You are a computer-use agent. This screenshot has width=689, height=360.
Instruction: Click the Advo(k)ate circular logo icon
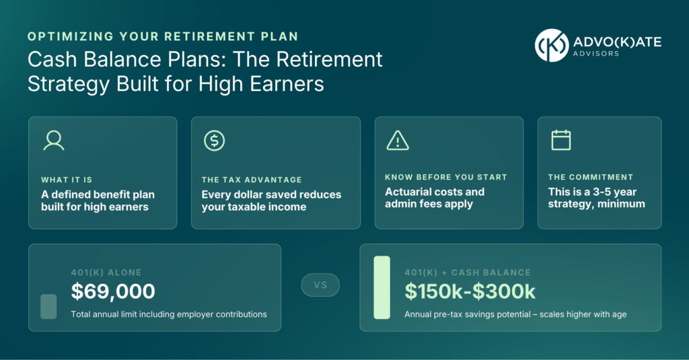click(x=552, y=45)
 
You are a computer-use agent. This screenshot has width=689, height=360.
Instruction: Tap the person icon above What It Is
click(x=54, y=141)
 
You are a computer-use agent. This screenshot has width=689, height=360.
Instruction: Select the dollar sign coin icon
click(x=215, y=141)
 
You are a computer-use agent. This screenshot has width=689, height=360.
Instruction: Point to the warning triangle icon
click(x=398, y=141)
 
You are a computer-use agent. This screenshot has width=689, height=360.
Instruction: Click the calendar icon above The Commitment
click(x=561, y=140)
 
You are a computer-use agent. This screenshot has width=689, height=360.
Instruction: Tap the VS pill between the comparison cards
click(x=320, y=285)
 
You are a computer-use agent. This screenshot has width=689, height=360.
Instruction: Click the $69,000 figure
click(x=113, y=291)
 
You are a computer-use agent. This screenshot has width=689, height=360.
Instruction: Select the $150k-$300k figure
click(x=470, y=291)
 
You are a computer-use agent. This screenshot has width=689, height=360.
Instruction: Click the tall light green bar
click(x=382, y=287)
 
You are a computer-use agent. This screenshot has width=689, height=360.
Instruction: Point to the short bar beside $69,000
click(x=48, y=306)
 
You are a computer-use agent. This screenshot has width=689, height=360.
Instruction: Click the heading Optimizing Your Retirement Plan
click(x=163, y=36)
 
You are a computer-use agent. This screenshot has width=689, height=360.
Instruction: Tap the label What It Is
click(x=67, y=180)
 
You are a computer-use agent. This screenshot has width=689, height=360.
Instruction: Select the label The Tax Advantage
click(x=252, y=180)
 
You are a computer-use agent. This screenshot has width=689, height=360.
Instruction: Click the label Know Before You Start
click(x=446, y=177)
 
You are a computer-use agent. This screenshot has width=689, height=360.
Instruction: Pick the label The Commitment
click(x=591, y=177)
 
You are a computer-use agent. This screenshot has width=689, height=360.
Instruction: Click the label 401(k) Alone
click(x=106, y=273)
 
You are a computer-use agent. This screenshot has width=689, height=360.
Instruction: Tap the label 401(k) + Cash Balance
click(x=468, y=273)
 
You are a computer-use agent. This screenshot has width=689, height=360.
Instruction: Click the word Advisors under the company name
click(x=596, y=54)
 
